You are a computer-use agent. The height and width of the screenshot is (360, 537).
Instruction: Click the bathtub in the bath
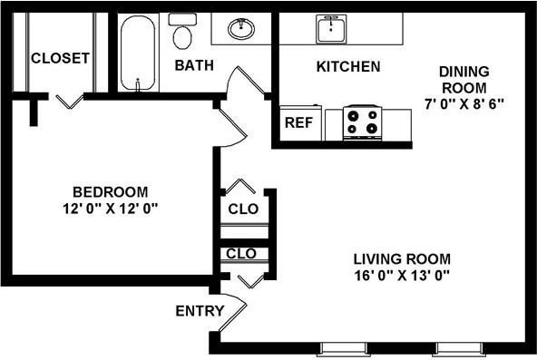138,53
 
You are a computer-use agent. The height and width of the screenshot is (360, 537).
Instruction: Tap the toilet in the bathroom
182,31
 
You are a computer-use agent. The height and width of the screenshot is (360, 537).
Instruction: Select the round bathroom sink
241,28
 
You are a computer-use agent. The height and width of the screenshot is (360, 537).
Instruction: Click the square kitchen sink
331,29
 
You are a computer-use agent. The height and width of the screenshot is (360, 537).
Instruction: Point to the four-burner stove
363,122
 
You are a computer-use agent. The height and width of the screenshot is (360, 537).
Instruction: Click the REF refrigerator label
299,122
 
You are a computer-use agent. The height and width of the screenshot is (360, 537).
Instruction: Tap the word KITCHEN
348,66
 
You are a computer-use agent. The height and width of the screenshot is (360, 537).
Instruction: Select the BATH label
194,65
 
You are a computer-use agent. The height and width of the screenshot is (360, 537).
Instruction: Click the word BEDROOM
111,192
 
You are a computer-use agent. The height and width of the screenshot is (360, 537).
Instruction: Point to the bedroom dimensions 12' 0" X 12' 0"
111,208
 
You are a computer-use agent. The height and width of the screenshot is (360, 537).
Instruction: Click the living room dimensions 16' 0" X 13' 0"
402,275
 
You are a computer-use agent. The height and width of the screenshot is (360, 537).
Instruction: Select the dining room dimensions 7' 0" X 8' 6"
464,103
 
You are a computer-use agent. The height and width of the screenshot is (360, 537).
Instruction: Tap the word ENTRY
200,311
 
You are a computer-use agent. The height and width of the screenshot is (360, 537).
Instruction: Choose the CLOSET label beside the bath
60,58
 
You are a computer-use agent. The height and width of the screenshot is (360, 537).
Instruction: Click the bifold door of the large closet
70,102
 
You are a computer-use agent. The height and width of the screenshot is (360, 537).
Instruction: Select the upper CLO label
243,209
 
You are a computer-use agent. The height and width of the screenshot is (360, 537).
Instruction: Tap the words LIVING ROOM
402,259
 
